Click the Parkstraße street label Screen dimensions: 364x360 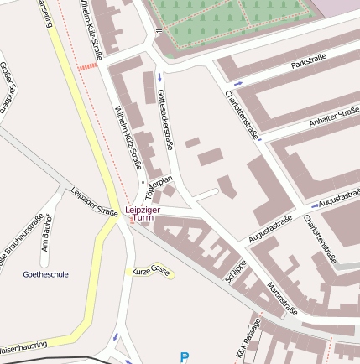[x=307, y=64]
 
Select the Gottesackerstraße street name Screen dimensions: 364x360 [x=165, y=120]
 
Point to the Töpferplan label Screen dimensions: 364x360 [x=159, y=185]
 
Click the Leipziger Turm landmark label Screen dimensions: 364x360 [x=143, y=213]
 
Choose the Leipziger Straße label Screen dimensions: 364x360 [x=94, y=201]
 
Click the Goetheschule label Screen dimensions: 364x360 [x=45, y=274]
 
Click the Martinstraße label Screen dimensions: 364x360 [x=282, y=299]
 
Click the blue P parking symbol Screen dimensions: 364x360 [x=185, y=357]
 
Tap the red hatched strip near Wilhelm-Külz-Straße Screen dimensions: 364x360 [x=86, y=65]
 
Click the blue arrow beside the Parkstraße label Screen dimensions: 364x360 [x=237, y=84]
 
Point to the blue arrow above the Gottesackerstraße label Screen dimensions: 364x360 [x=159, y=78]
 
